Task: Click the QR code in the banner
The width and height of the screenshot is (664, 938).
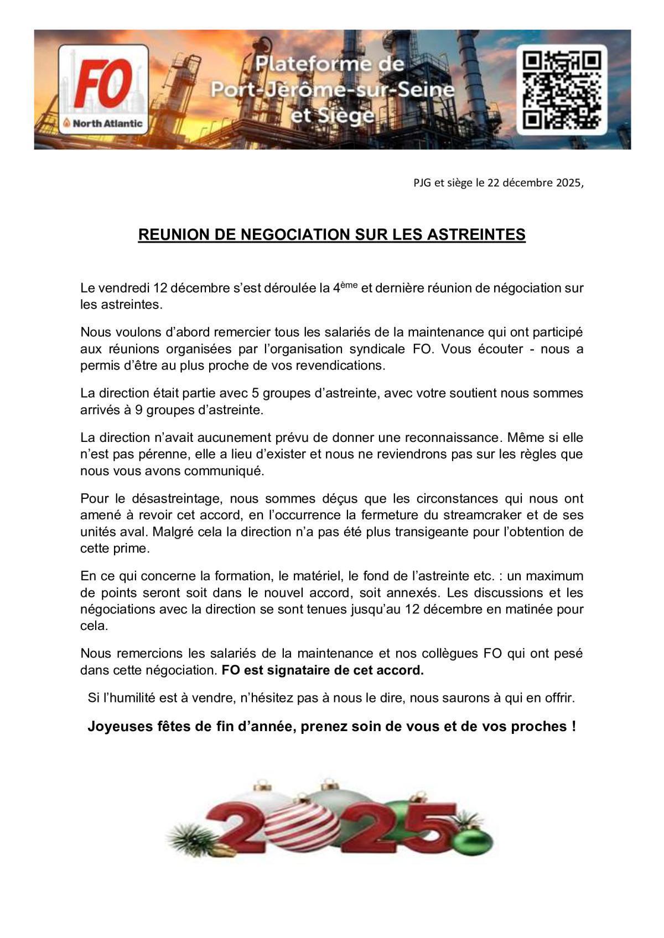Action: pos(562,90)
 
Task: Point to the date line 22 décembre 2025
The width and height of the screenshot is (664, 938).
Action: pos(498,184)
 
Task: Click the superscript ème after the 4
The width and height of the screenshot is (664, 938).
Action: pos(349,284)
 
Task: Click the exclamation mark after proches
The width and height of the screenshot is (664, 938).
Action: pos(573,726)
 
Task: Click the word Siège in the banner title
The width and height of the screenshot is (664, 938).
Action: pos(341,116)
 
